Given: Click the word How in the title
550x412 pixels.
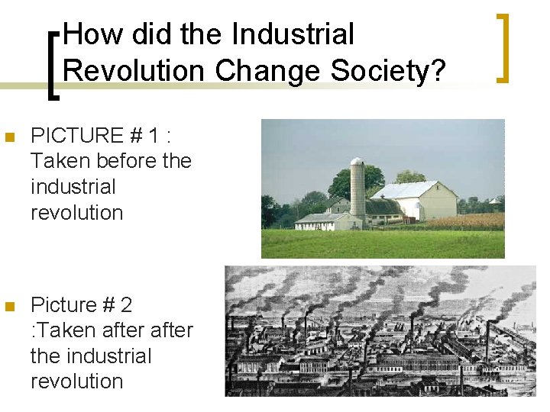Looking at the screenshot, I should click(x=89, y=34).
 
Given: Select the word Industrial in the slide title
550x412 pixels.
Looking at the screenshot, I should click(x=293, y=34).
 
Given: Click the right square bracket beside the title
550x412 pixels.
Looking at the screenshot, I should click(x=502, y=47).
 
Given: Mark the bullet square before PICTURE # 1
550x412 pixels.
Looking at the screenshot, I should click(x=9, y=138).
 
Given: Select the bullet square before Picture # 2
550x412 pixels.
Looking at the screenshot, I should click(x=9, y=307).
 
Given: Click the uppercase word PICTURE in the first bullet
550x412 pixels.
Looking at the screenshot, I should click(x=77, y=136).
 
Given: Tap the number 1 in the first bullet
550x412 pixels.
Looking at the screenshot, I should click(x=154, y=136).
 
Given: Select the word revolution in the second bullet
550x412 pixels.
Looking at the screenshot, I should click(x=76, y=381).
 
